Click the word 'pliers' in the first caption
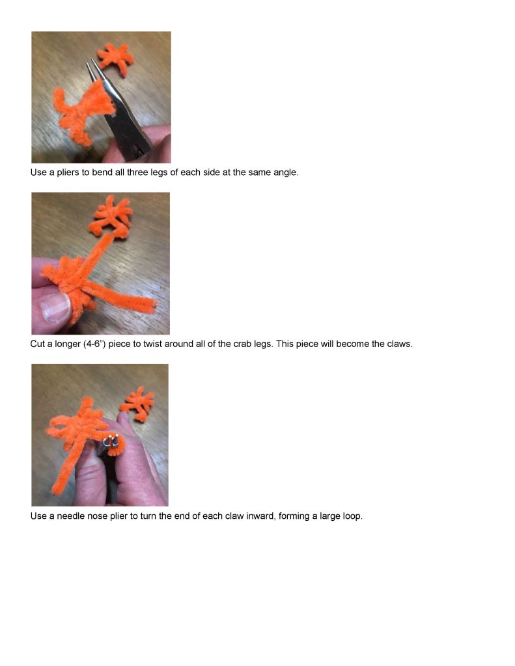[x=68, y=173]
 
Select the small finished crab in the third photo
[x=137, y=404]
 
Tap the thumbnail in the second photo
[x=55, y=307]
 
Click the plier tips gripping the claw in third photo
[x=111, y=440]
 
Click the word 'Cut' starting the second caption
[x=37, y=344]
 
